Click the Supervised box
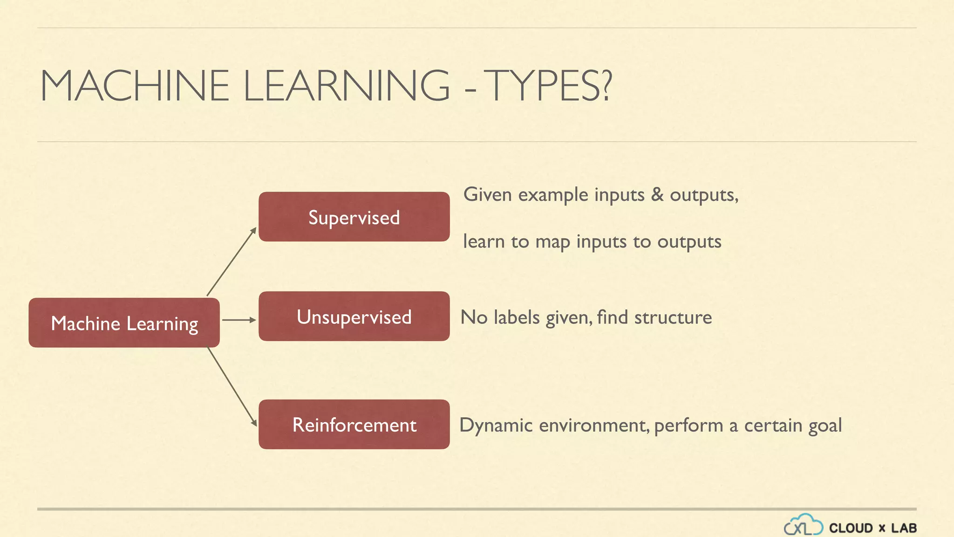coord(354,217)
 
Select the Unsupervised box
coord(354,317)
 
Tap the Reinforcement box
coord(354,424)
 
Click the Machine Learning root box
coord(124,323)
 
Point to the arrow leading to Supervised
coord(232,262)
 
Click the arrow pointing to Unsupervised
coord(239,320)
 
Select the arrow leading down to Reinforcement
coord(232,386)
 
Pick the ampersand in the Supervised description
coord(657,194)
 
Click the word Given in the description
coord(488,194)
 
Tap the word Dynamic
coord(496,426)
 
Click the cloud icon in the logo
coord(804,525)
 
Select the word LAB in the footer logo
coord(904,528)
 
